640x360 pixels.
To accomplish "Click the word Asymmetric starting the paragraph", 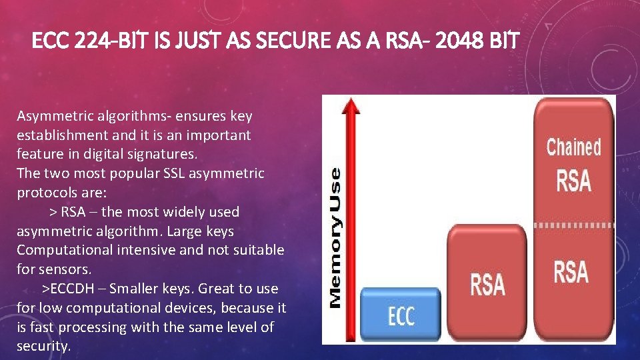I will [54, 116].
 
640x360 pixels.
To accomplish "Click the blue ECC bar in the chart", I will [401, 315].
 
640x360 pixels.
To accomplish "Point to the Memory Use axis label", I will [336, 237].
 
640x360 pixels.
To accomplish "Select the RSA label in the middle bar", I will [488, 283].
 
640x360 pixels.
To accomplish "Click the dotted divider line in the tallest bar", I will [573, 225].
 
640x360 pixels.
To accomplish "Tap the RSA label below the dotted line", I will [571, 272].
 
